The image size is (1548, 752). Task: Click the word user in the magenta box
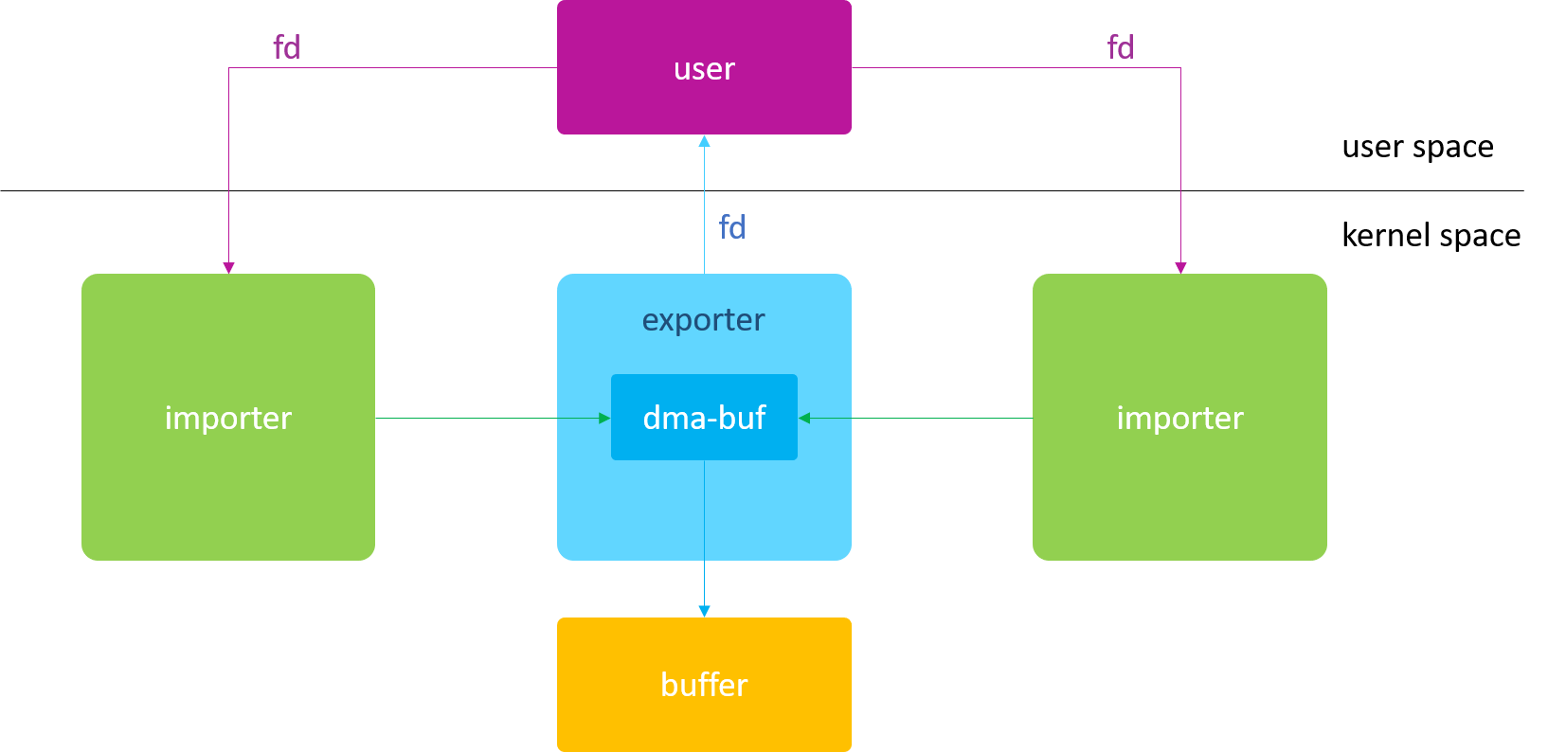point(704,69)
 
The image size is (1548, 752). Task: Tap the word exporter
point(703,320)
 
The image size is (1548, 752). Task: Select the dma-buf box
point(704,418)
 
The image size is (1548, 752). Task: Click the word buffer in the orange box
point(704,685)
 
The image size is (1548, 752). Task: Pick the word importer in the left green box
point(228,418)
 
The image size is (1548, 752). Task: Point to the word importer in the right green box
point(1179,418)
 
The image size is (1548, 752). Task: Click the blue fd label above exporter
point(732,227)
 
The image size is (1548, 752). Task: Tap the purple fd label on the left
point(286,47)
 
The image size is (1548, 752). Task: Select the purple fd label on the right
point(1120,47)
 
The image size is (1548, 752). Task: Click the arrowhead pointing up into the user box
point(704,141)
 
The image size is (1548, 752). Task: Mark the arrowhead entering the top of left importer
point(228,268)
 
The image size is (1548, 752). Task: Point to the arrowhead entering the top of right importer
point(1180,268)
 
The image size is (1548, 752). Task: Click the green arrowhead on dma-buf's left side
point(604,418)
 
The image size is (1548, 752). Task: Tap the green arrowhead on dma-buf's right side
point(804,418)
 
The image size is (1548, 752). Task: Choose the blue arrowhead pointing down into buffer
point(704,611)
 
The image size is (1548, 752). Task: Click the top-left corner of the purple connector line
point(228,68)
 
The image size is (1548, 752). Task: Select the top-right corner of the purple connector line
point(1180,68)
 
